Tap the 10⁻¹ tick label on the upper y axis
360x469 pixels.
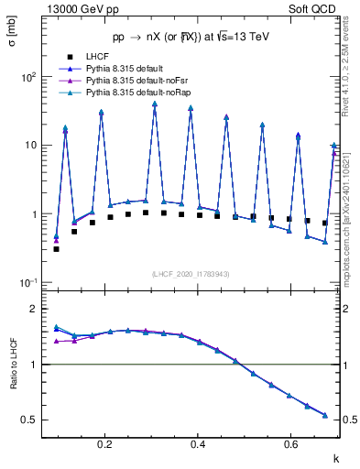[28, 282]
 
